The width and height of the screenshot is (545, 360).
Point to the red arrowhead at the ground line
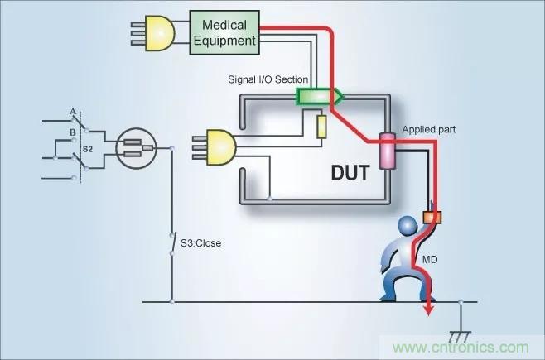pyautogui.click(x=429, y=309)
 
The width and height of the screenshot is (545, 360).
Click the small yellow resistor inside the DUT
pyautogui.click(x=322, y=127)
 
